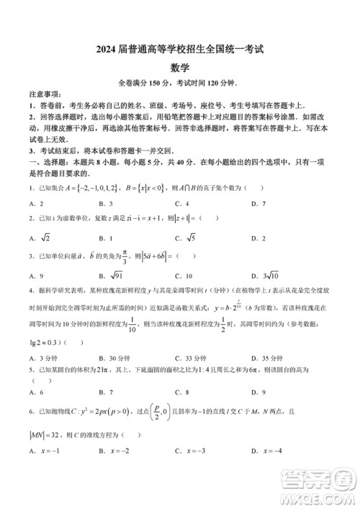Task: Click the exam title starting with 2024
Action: (180, 50)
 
